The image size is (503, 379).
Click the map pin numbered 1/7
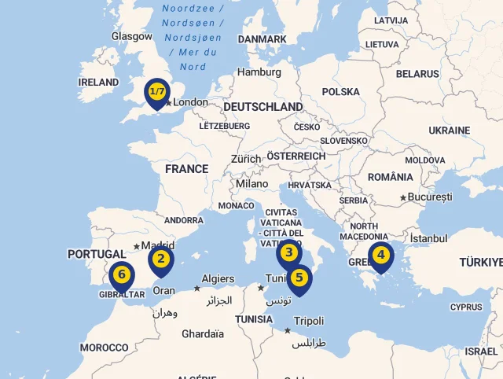(x=157, y=93)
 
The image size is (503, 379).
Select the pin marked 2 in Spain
(x=161, y=259)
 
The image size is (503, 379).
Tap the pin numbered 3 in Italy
(x=289, y=253)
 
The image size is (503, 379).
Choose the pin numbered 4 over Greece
(x=381, y=255)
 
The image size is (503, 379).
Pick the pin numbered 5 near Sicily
(x=299, y=278)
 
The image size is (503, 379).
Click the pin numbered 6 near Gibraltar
(x=122, y=275)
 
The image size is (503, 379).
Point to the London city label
(x=190, y=102)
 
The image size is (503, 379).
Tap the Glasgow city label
(x=132, y=36)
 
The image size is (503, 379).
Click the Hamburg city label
(x=259, y=72)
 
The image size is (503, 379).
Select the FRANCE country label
(x=186, y=169)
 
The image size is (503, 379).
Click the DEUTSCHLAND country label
(x=263, y=107)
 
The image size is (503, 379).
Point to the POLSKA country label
(x=340, y=92)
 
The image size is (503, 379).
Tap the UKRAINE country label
(x=449, y=131)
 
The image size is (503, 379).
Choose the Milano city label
(x=251, y=184)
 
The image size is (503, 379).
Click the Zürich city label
(x=246, y=159)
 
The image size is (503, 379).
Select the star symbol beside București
(x=403, y=197)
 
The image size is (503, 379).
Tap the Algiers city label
(x=218, y=279)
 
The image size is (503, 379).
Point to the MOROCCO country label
(x=104, y=348)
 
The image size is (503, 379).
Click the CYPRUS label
(x=466, y=307)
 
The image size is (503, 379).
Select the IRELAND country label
(x=98, y=83)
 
